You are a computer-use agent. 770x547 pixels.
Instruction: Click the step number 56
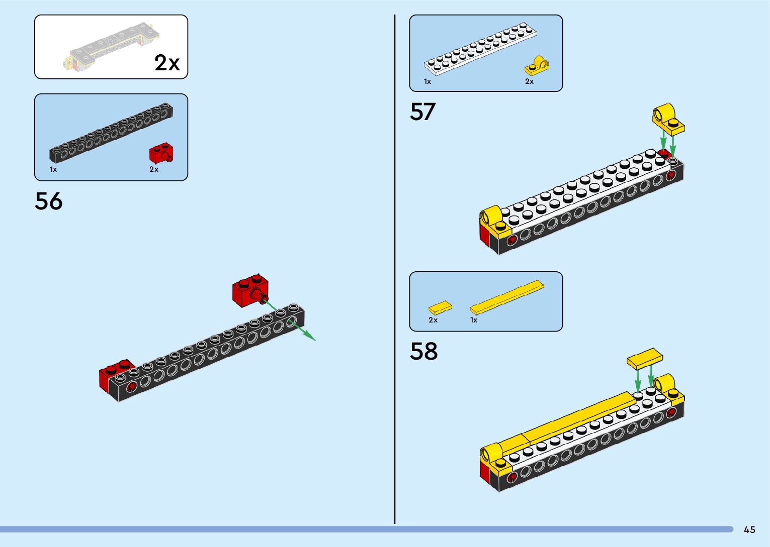(49, 201)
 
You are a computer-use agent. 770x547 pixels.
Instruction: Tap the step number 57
(422, 112)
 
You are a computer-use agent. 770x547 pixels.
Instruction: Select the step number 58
(423, 351)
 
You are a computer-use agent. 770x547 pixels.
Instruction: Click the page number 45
(749, 529)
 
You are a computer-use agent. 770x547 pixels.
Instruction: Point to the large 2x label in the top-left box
(167, 63)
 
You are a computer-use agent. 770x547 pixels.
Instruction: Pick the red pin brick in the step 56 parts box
(161, 153)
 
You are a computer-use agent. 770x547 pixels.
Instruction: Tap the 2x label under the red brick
(154, 169)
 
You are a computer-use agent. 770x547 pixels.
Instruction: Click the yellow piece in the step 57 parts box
(537, 66)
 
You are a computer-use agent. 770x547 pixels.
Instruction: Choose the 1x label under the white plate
(427, 81)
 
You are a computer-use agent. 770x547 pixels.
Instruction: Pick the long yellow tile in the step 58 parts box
(507, 296)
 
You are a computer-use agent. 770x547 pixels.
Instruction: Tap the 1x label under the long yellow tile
(474, 320)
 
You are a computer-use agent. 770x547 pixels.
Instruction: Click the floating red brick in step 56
(250, 291)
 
